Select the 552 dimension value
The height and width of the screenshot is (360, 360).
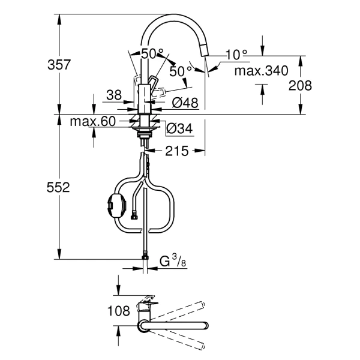pos(58,188)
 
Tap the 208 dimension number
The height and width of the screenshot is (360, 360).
pos(300,85)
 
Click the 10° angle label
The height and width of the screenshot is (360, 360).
pos(236,55)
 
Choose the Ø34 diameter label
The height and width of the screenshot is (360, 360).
pos(179,127)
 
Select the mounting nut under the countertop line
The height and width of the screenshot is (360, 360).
pos(145,127)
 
